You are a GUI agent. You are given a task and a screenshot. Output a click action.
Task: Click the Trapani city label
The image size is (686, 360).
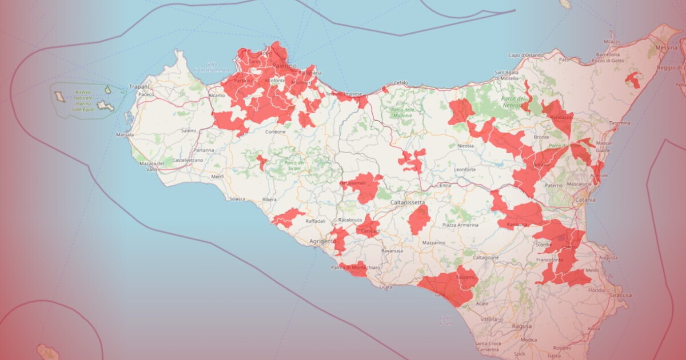[x=138, y=86]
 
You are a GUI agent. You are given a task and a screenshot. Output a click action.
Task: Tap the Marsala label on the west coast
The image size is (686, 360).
[x=125, y=135]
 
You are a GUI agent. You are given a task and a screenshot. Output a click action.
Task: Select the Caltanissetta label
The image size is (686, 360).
[x=408, y=203]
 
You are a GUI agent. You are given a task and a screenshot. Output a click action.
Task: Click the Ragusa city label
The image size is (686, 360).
[x=522, y=326]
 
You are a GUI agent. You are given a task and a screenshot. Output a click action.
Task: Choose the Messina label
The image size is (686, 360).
[x=667, y=47]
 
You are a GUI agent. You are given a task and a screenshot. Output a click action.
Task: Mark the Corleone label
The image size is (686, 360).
[x=275, y=131]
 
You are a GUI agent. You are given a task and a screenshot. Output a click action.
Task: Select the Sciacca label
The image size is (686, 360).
[x=237, y=199]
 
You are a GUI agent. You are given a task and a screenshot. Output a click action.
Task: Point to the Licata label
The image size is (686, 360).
[x=386, y=287]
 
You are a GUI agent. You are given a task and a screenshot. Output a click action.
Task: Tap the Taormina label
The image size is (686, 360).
[x=619, y=123]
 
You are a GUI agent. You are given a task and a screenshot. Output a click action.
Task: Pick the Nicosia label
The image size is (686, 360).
[x=465, y=146]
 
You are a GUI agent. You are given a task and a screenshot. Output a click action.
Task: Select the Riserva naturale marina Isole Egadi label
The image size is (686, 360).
[x=83, y=100]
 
